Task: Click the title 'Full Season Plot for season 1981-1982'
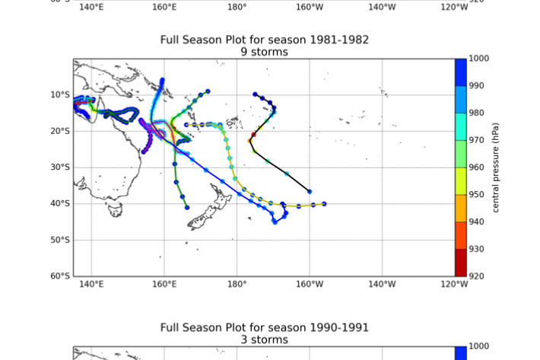tap(265, 40)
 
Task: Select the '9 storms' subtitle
tap(265, 52)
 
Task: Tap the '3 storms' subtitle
tap(265, 339)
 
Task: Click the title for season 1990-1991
tap(265, 328)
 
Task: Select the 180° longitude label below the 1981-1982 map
tap(237, 285)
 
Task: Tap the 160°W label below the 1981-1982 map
tap(310, 285)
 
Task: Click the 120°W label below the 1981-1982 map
tap(454, 285)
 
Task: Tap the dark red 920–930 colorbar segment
tap(461, 263)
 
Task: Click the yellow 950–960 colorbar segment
tap(461, 181)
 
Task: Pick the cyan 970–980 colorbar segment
tap(461, 126)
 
